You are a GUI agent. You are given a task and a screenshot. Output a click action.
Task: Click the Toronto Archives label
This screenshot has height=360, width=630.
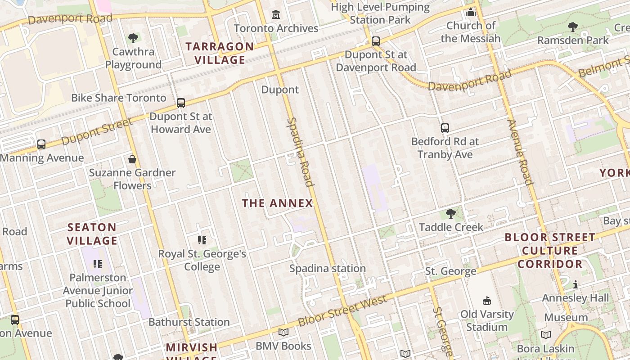point(276,28)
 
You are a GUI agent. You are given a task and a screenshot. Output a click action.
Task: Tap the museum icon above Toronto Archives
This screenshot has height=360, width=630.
point(276,15)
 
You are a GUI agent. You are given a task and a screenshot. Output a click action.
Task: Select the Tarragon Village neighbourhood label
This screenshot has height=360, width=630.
point(220,53)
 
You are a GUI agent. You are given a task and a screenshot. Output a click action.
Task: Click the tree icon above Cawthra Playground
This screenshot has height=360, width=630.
point(133,38)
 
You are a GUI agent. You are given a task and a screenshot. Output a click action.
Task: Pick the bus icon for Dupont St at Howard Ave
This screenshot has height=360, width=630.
point(181,103)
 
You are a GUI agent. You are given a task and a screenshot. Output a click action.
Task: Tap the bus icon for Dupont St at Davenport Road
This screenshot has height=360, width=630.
point(376,41)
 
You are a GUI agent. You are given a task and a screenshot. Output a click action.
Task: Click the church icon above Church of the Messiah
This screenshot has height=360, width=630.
point(471,12)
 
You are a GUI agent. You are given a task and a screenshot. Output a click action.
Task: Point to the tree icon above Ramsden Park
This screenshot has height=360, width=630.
point(573,27)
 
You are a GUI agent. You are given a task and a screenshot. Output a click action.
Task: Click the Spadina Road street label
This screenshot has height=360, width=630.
point(300,152)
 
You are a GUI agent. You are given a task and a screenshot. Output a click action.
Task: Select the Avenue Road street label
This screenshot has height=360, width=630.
point(520,152)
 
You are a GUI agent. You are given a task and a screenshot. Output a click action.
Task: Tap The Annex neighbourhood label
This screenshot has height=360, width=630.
point(277,203)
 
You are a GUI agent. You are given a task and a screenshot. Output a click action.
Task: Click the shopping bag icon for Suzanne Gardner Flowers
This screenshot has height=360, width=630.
point(132,159)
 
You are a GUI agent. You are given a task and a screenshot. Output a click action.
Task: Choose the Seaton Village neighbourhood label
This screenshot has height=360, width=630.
point(92,234)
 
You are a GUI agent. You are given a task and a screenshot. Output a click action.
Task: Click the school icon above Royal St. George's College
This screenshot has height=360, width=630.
point(202,240)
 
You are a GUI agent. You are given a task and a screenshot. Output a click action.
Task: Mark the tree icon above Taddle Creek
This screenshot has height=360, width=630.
point(450,214)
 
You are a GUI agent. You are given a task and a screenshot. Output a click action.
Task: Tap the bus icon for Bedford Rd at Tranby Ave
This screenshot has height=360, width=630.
point(445,128)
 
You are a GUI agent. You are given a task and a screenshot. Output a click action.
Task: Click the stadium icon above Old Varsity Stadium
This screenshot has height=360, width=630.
point(486,301)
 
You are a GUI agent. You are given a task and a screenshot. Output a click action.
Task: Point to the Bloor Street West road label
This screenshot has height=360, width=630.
point(342,311)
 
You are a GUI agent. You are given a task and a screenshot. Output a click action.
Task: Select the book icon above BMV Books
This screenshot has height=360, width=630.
point(283,333)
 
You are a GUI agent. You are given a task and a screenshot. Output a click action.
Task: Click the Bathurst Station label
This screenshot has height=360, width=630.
point(189,322)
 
